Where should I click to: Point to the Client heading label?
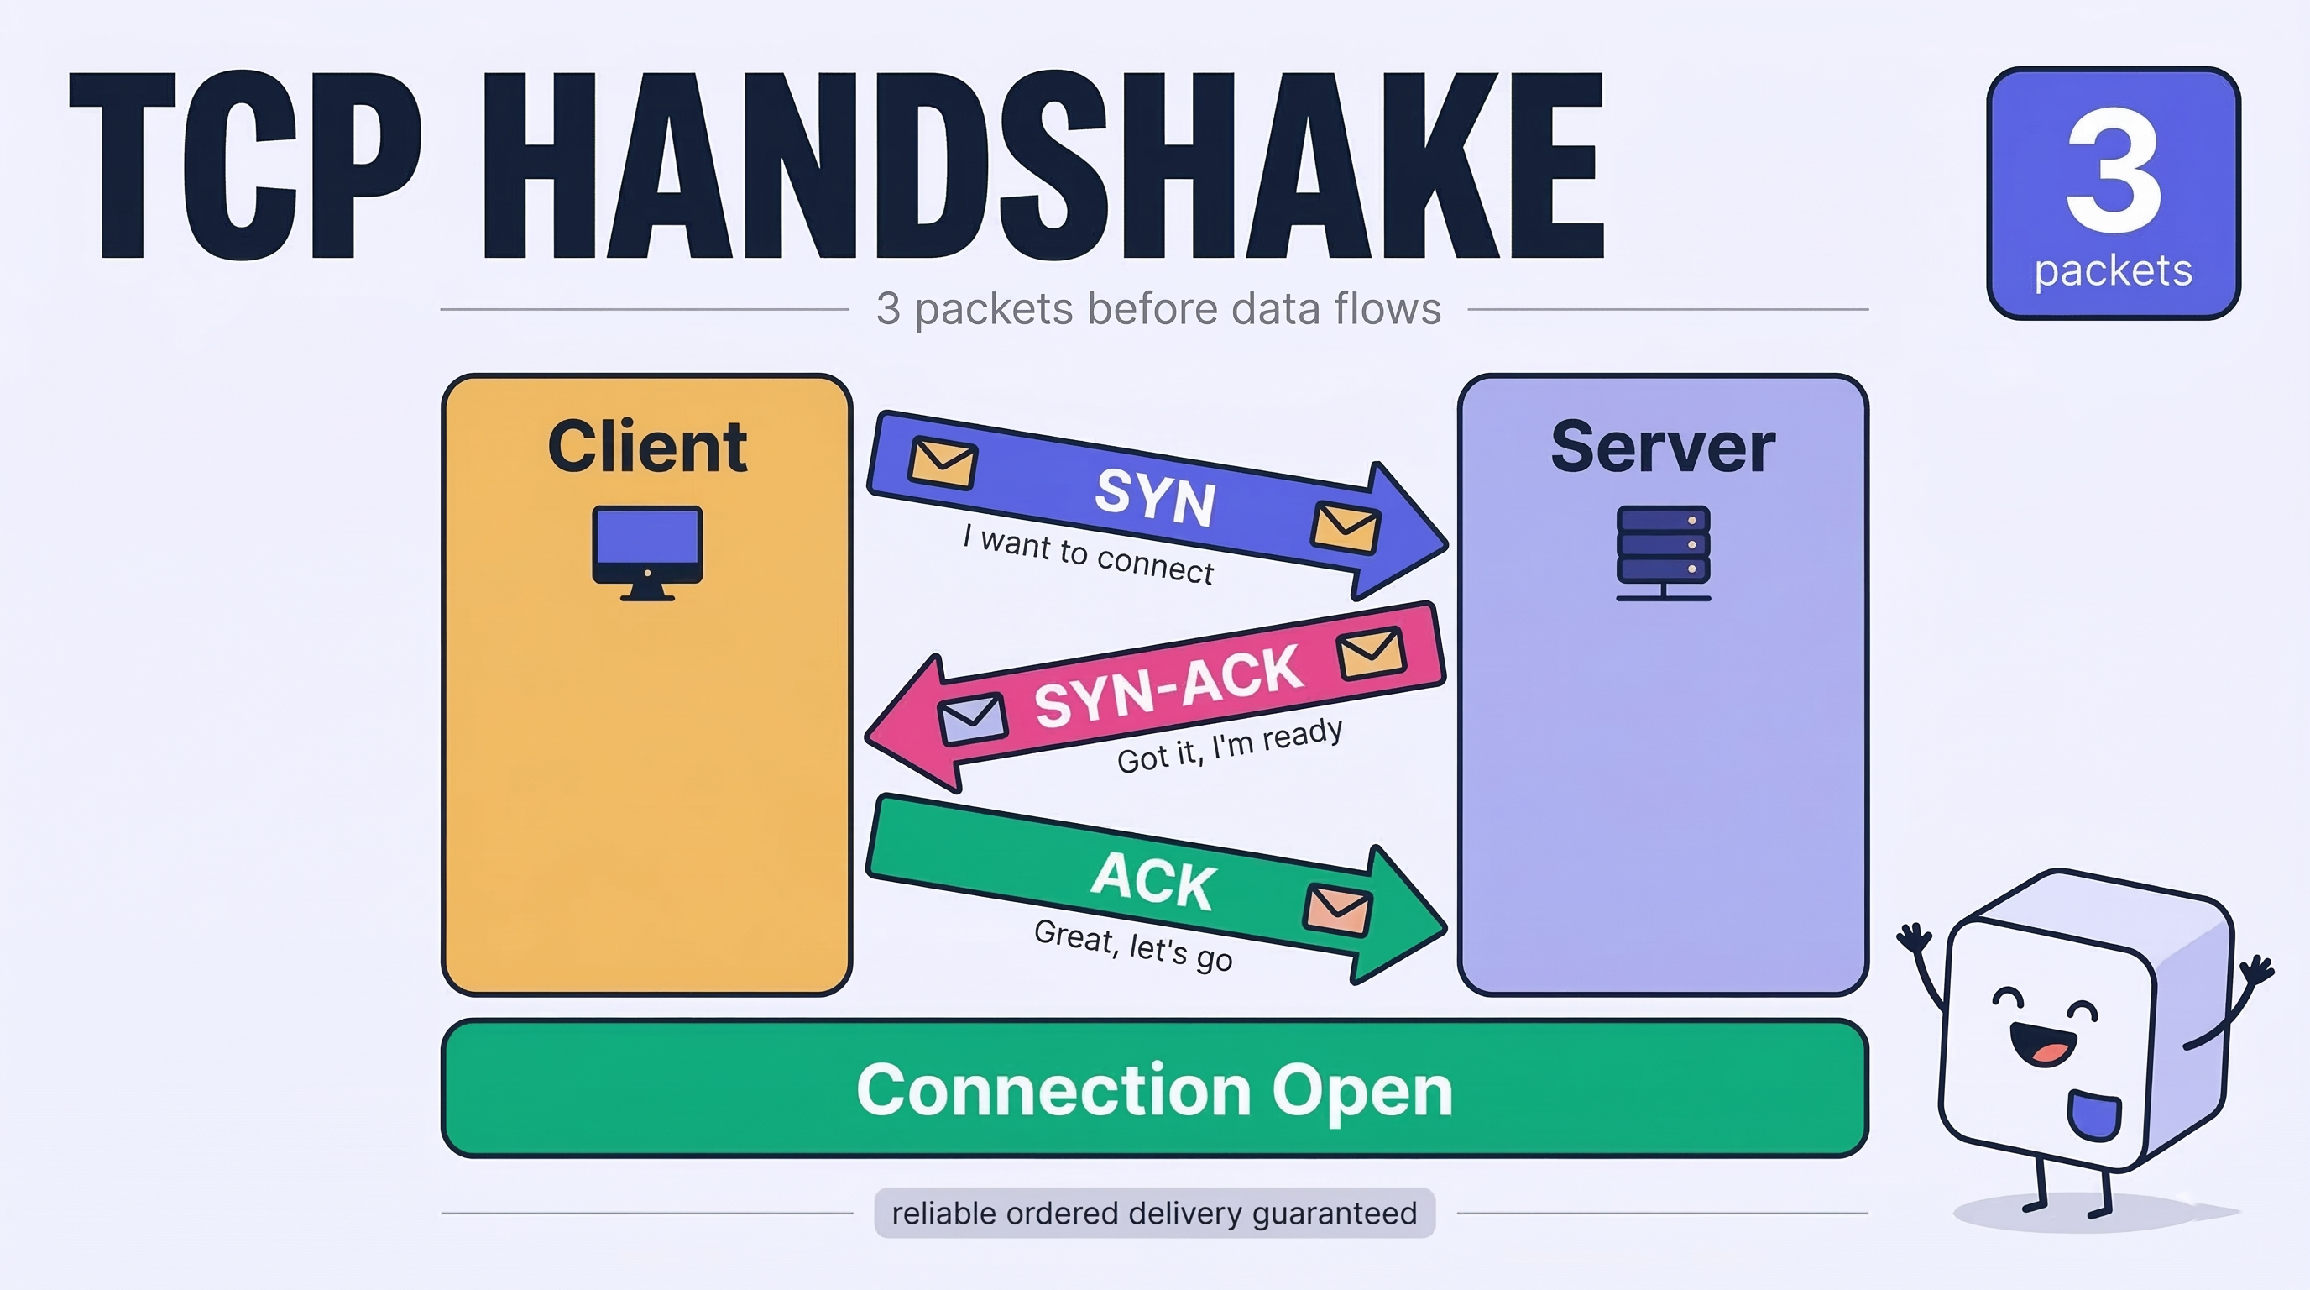click(647, 446)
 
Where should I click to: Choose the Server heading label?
click(1663, 446)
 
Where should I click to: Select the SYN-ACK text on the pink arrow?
click(1168, 685)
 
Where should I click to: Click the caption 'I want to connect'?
click(1089, 554)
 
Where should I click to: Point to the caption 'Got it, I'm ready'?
click(1231, 746)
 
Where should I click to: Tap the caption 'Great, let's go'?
click(1133, 946)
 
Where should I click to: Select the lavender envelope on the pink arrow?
click(972, 719)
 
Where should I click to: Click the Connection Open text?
click(1154, 1090)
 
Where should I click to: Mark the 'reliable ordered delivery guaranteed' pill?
click(1155, 1213)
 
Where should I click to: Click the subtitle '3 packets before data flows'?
click(1158, 308)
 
